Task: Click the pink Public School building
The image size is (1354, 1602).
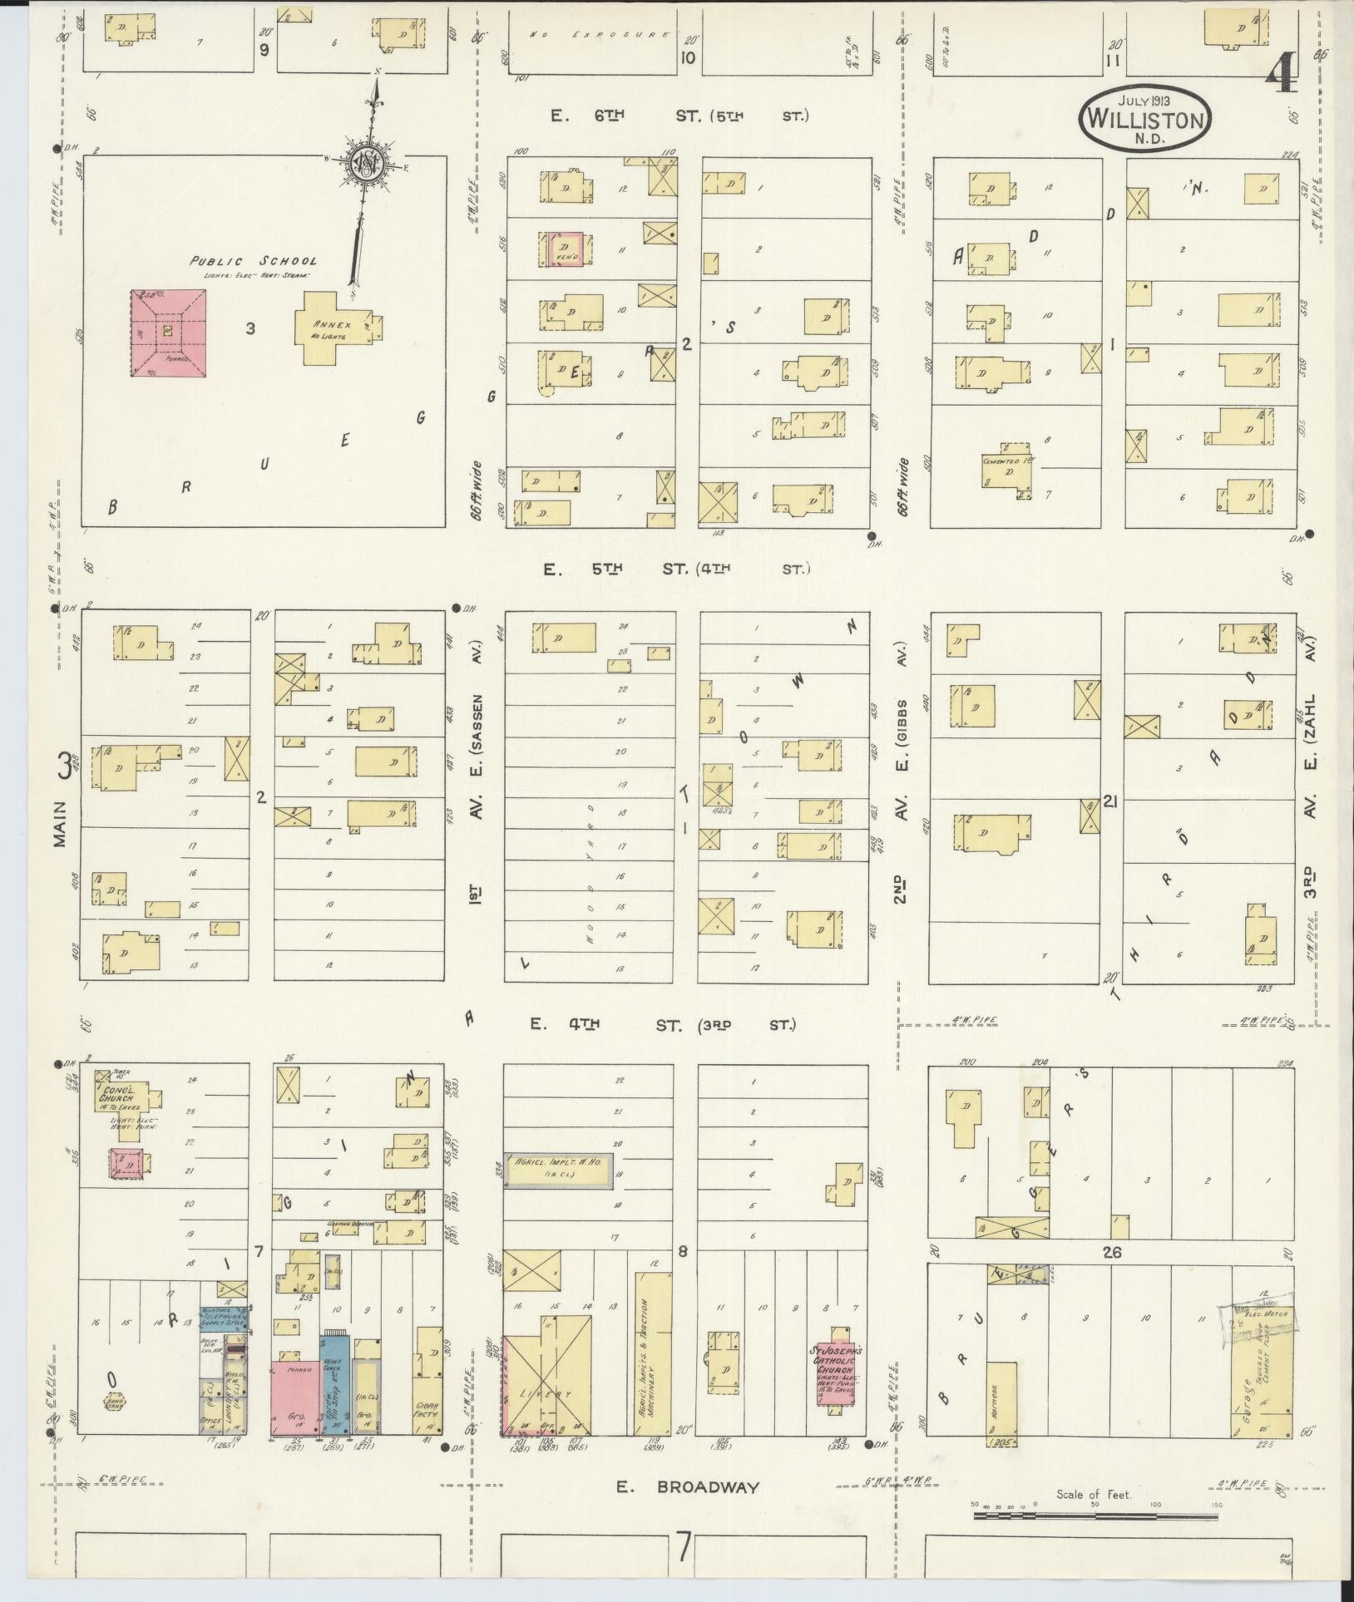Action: coord(168,333)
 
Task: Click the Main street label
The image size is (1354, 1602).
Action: coord(60,823)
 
